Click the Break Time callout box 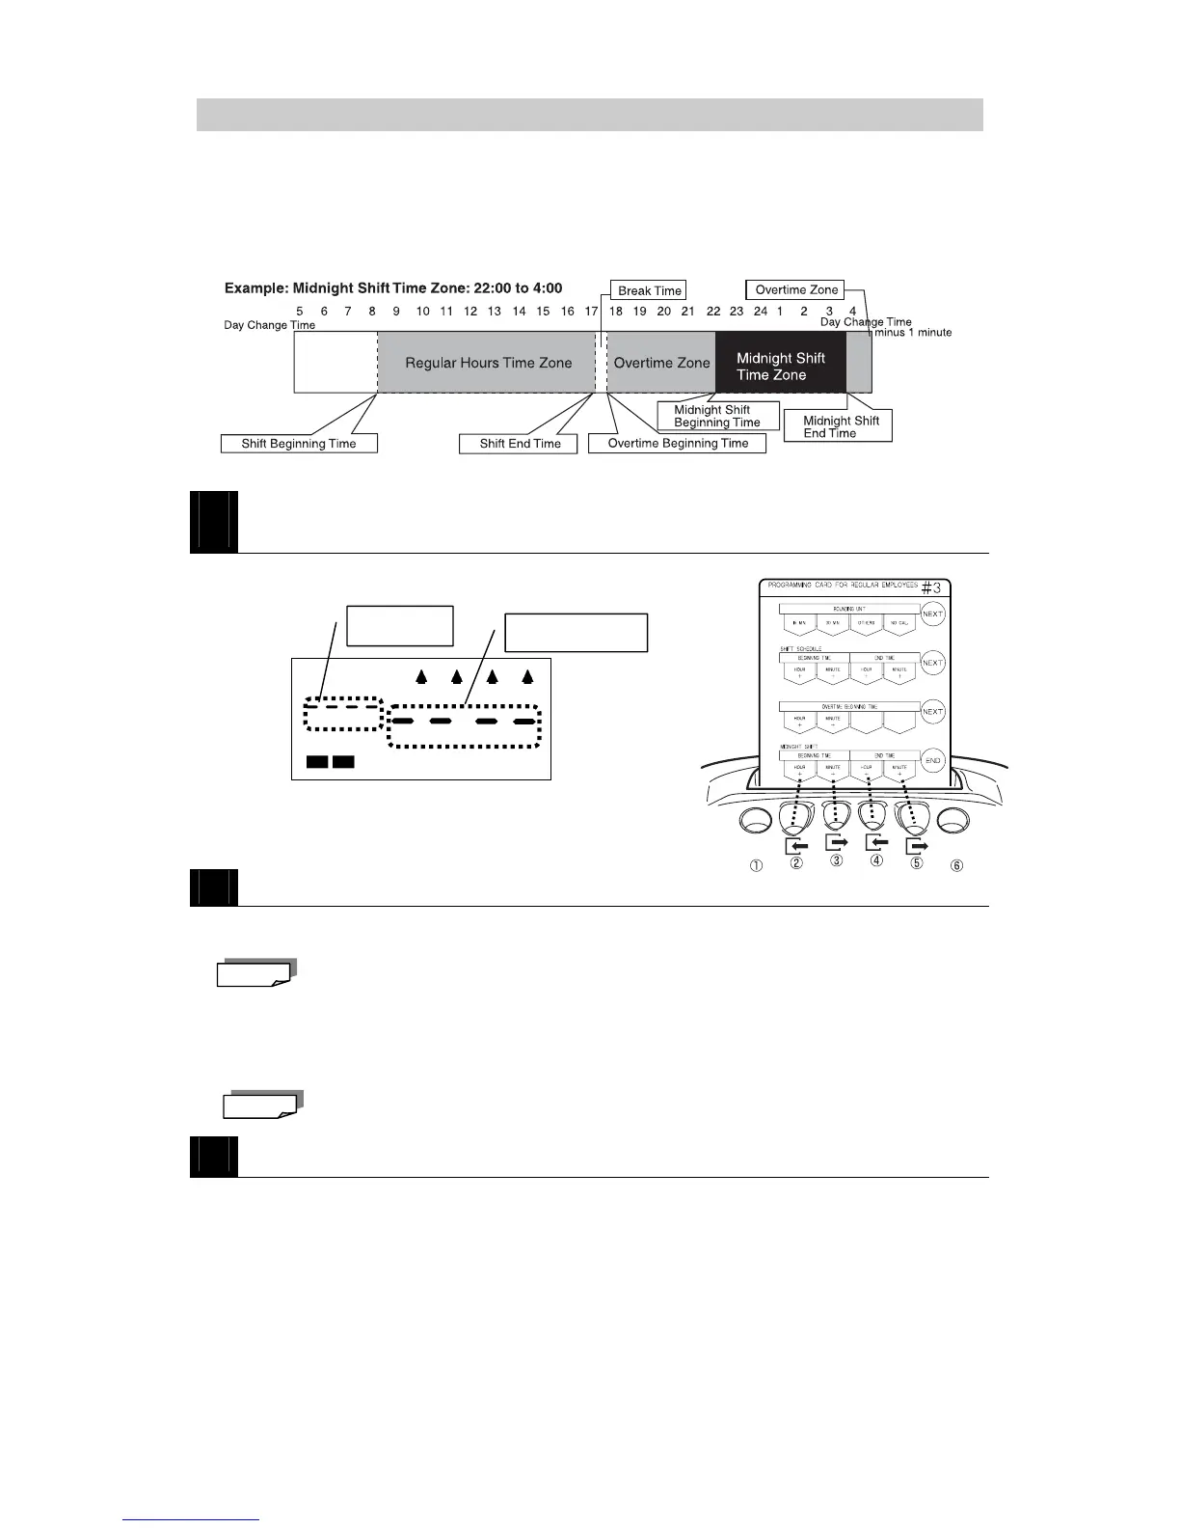coord(649,290)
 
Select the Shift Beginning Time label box coord(298,444)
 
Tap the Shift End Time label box coord(520,444)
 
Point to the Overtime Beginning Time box coord(677,444)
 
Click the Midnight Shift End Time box coord(838,426)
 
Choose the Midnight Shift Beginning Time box coord(716,416)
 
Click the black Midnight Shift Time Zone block coord(780,367)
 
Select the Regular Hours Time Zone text coord(488,364)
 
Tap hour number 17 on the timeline coord(591,311)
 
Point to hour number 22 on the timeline coord(713,311)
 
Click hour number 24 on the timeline coord(761,311)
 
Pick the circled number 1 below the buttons coord(757,865)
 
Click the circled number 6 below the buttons coord(956,865)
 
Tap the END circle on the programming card coord(932,760)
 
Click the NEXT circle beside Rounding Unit coord(932,614)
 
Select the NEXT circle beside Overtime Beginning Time coord(932,712)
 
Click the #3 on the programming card coord(930,587)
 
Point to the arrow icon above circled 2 coord(796,846)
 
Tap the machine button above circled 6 coord(952,821)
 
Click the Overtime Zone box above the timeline coord(796,289)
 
